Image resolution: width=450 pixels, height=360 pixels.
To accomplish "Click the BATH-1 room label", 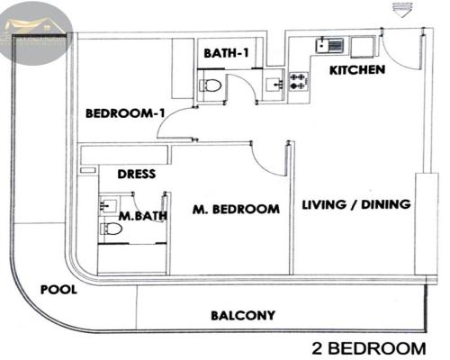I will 226,54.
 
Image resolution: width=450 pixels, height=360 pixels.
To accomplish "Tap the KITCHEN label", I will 357,69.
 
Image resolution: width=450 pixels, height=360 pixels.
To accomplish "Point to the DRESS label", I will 138,175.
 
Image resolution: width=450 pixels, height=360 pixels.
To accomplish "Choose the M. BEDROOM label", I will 236,210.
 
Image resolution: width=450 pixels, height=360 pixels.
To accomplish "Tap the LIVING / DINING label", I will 356,204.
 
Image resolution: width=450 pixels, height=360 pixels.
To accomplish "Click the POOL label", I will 59,291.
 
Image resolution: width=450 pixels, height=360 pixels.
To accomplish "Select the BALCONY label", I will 242,316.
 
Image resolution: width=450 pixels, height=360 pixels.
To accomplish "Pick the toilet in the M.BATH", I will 112,229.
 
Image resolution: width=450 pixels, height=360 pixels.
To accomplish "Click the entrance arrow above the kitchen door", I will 400,10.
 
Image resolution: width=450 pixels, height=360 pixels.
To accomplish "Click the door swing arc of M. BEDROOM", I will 268,162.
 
